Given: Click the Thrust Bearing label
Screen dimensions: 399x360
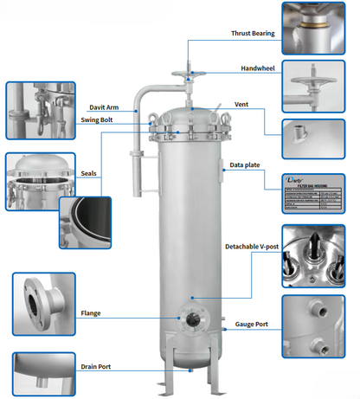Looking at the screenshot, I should pos(252,34).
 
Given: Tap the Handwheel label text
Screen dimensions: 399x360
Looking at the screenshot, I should pos(257,68).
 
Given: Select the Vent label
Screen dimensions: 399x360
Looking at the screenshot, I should pos(243,105).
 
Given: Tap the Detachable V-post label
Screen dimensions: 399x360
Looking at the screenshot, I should pos(252,248).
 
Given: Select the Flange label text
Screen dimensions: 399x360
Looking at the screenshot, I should pos(91,312).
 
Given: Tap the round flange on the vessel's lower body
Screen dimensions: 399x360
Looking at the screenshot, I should pos(190,319).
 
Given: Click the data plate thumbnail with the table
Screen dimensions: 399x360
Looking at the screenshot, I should pos(319,193).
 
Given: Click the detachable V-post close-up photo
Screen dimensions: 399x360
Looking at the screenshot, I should pos(319,257).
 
